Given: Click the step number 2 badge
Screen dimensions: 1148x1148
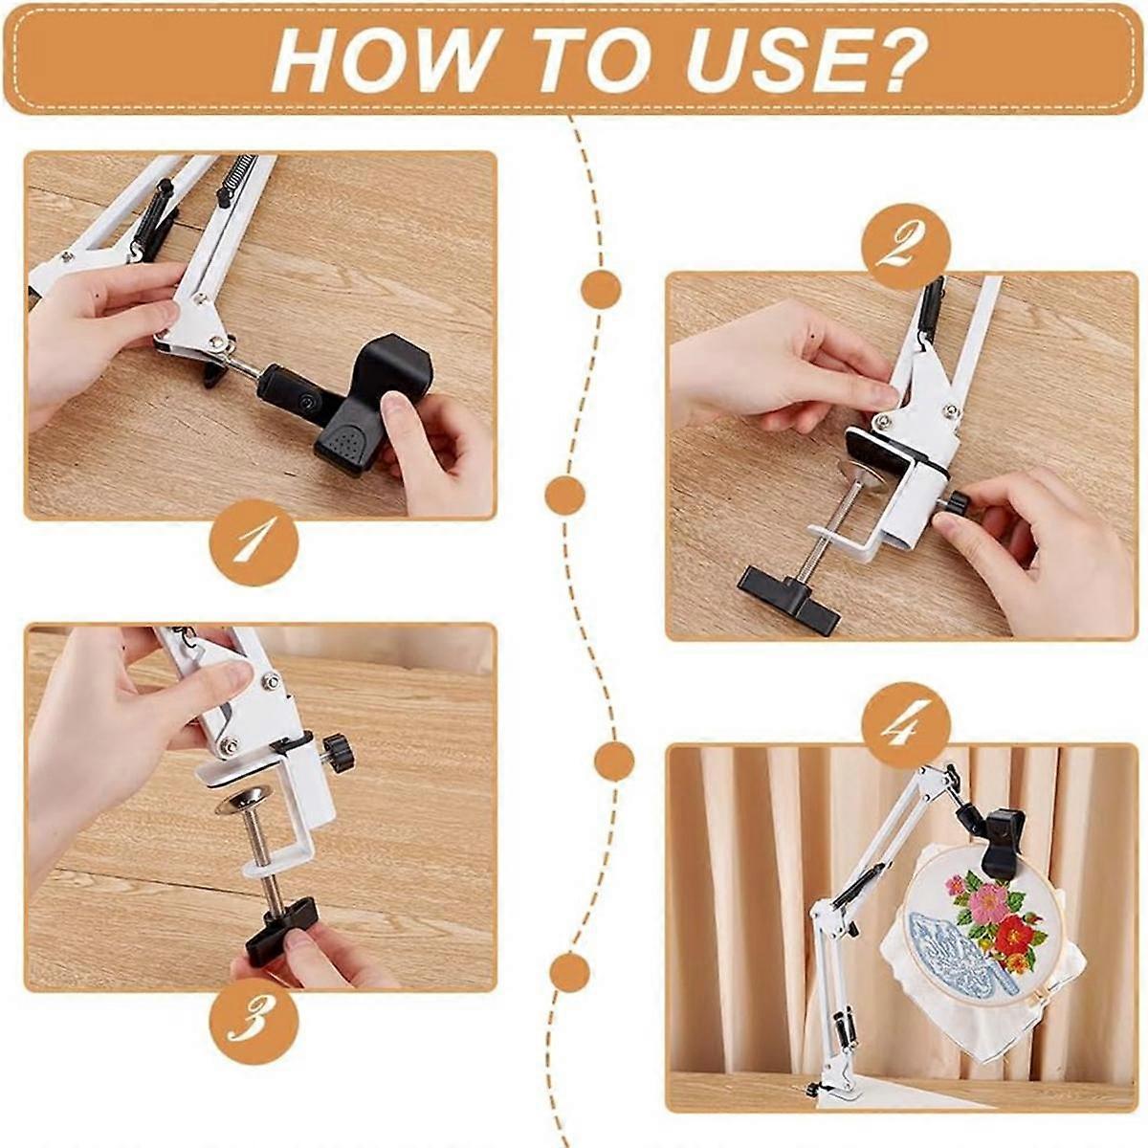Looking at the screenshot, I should tap(905, 245).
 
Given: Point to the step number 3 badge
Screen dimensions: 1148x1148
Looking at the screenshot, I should tap(254, 1023).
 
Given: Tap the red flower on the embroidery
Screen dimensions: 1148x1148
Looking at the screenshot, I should tap(1012, 933).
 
